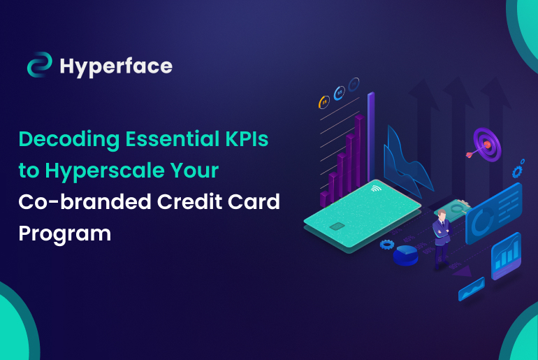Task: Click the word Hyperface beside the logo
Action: tap(115, 66)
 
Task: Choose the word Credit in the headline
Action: tap(187, 201)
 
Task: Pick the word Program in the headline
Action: tap(65, 233)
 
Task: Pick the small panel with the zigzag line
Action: tap(471, 288)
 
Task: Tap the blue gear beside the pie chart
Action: tap(386, 245)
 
